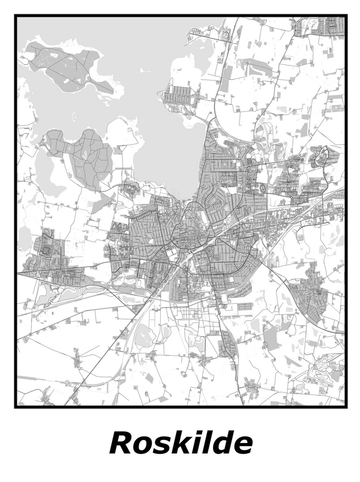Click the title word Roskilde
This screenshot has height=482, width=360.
(181, 444)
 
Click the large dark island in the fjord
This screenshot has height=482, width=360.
(66, 66)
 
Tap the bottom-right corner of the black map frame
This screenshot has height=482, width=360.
(346, 406)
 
